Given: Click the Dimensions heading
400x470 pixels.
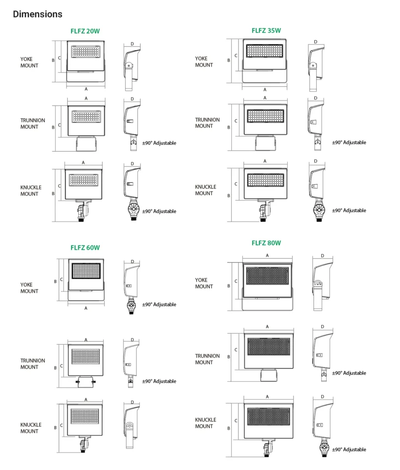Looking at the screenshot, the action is tap(38, 14).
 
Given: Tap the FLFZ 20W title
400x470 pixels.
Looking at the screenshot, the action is tap(85, 31).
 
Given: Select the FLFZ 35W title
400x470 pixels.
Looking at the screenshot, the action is tap(266, 31).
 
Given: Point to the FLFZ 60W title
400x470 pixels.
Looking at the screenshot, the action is tap(85, 247).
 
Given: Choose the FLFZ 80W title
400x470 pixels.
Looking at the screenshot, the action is tap(266, 243).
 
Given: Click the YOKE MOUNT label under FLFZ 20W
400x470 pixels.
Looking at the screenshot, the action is tap(29, 62).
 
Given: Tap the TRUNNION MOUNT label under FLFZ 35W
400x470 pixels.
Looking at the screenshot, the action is tap(207, 123).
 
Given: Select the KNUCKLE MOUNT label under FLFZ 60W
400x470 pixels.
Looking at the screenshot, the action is tap(31, 428).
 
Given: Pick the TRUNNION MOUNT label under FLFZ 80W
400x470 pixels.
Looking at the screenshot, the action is tap(207, 359).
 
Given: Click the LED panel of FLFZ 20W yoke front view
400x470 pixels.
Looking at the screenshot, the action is tap(86, 51).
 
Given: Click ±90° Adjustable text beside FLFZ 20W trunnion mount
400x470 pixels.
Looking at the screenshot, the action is tap(159, 143).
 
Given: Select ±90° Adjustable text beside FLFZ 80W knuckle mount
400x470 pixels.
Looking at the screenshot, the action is tap(349, 450).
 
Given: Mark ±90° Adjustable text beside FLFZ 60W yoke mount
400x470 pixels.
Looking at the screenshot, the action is tap(159, 305).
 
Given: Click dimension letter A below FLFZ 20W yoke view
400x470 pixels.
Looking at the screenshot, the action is tap(86, 89).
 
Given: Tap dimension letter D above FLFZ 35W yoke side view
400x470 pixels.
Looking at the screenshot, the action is tap(316, 42).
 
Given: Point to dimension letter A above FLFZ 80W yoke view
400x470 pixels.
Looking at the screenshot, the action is tap(267, 255).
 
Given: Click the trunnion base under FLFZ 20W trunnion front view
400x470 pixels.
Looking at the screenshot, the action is tap(86, 144).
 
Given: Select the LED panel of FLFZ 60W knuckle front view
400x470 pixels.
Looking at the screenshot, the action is tap(85, 416).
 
